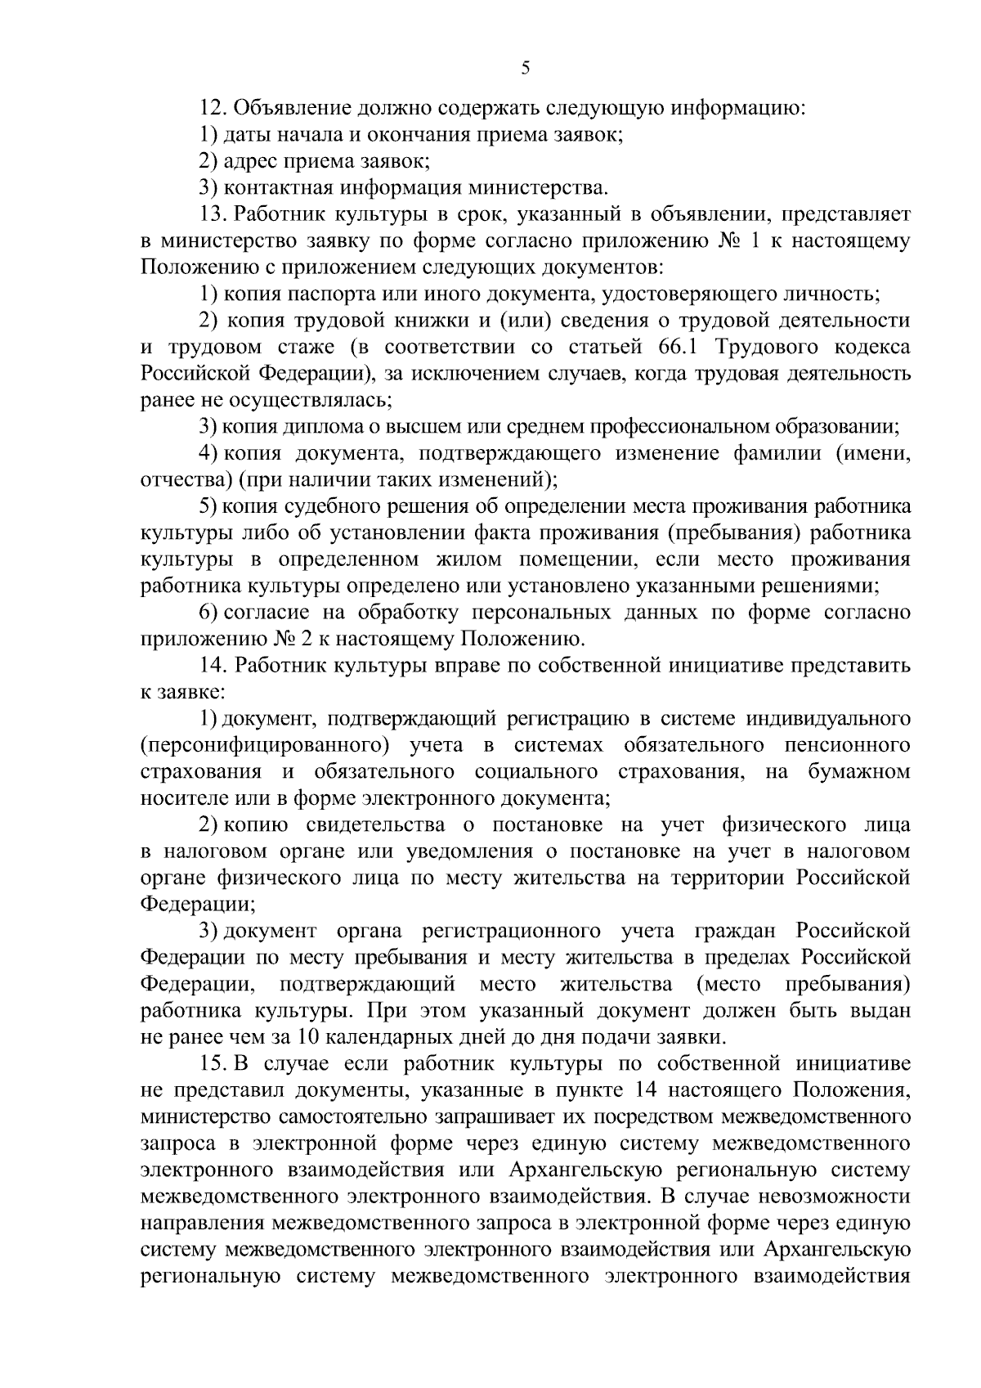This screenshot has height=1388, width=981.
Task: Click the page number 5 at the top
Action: [526, 69]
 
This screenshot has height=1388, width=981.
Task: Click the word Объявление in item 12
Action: [286, 108]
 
